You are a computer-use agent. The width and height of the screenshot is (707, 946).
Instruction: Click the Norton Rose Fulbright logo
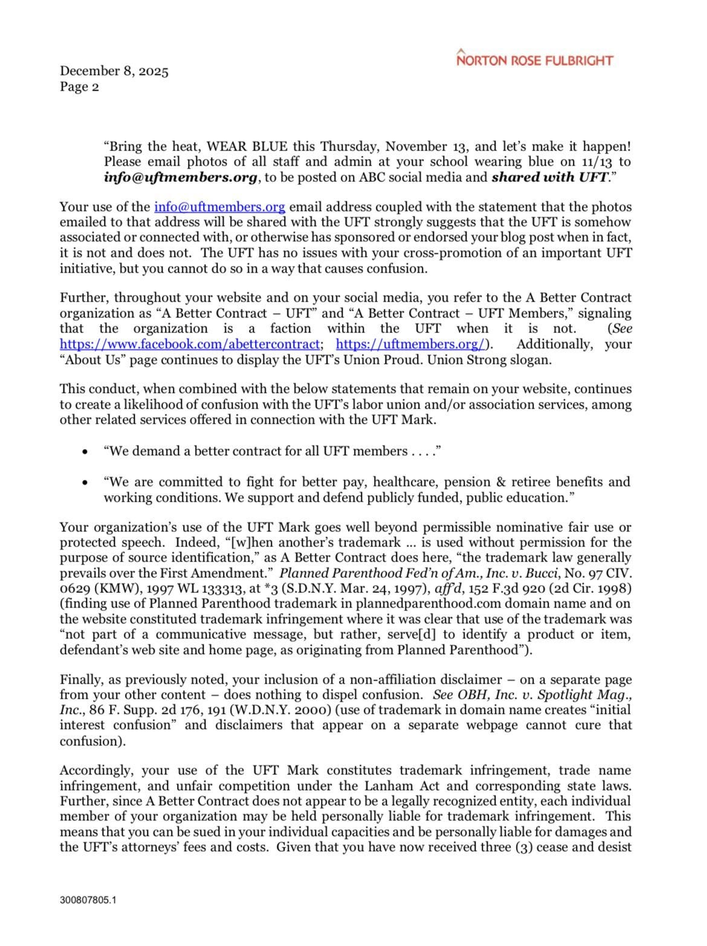click(x=535, y=59)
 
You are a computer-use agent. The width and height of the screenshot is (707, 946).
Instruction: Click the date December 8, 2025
click(x=114, y=71)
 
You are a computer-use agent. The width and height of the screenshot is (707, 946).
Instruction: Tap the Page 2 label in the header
click(x=79, y=86)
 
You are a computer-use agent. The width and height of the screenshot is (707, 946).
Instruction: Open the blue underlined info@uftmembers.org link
click(x=219, y=207)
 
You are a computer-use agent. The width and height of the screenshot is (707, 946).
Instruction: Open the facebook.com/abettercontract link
click(x=189, y=345)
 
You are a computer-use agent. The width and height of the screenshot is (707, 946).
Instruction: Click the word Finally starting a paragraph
click(x=82, y=679)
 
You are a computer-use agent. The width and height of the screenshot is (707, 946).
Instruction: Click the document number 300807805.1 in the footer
click(x=88, y=900)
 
